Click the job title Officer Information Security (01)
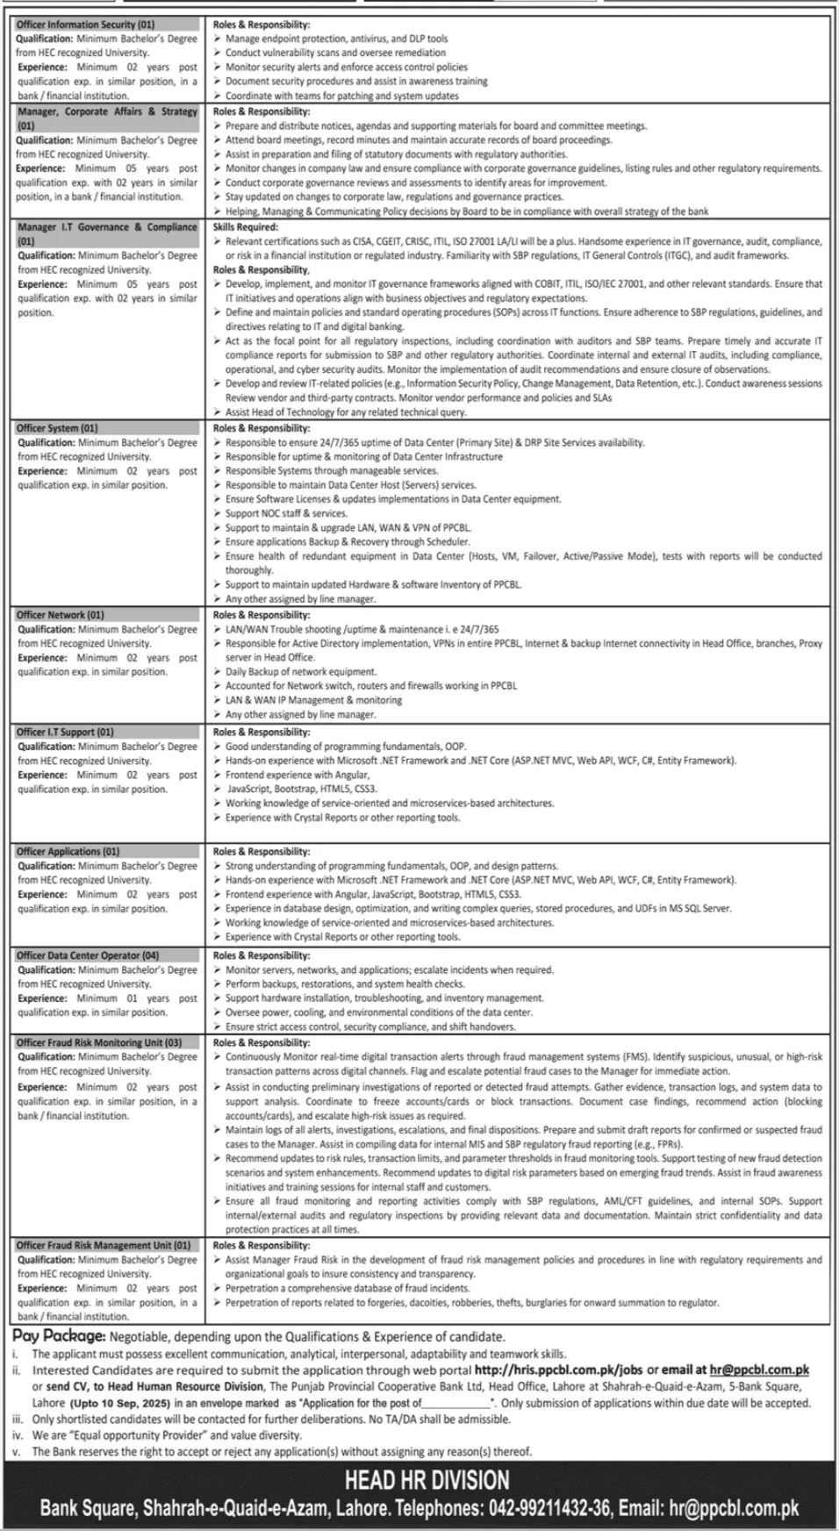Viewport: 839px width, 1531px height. pos(85,25)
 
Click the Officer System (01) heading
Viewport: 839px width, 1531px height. pos(57,428)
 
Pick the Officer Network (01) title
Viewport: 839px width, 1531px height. pos(60,615)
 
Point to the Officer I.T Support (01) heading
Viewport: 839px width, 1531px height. pos(65,732)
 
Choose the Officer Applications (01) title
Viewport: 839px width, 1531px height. pos(68,851)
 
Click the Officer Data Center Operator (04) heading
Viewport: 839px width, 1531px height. pos(88,955)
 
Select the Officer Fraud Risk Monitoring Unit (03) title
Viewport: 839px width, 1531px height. pos(99,1042)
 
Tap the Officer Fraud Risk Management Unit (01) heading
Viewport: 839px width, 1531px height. pos(104,1245)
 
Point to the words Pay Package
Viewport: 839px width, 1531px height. pos(60,1337)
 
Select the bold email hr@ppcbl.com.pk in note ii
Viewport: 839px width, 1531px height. pos(760,1370)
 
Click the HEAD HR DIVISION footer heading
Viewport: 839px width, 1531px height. pos(427,1481)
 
